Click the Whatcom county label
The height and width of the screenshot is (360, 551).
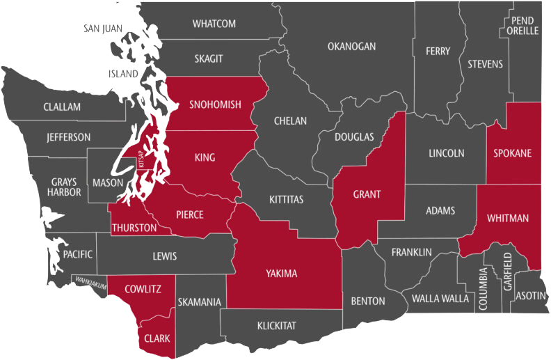click(214, 24)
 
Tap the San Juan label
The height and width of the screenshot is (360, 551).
click(104, 29)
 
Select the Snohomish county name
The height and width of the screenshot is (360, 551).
click(215, 105)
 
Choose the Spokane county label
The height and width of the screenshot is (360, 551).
click(513, 152)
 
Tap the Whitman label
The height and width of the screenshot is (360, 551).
click(508, 218)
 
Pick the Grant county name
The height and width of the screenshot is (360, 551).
click(367, 194)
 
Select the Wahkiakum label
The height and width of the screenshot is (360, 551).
click(90, 281)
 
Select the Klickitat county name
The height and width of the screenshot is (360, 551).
click(277, 324)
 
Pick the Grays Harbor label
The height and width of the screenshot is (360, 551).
click(63, 188)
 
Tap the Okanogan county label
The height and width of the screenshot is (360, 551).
click(351, 47)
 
